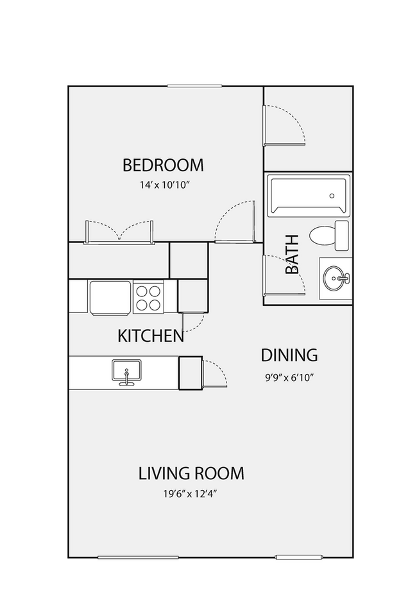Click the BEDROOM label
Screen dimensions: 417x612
[x=163, y=165]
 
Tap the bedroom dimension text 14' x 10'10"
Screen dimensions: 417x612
[x=164, y=185]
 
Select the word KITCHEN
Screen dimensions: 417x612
[x=150, y=336]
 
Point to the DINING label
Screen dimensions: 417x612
[x=289, y=355]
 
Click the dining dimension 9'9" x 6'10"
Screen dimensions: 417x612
[x=290, y=377]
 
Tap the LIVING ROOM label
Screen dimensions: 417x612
[x=191, y=473]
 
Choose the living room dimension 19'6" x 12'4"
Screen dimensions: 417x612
[x=190, y=494]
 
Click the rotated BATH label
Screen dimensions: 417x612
[x=292, y=254]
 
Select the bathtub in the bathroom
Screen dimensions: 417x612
[x=309, y=196]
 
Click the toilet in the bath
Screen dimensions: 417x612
[x=328, y=235]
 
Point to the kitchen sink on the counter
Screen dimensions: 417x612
[x=126, y=372]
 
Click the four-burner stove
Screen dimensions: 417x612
[x=148, y=297]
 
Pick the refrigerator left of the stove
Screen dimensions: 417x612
[x=110, y=297]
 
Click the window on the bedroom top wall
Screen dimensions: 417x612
[x=195, y=86]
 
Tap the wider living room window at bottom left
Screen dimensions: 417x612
[x=138, y=557]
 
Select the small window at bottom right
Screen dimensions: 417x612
[x=299, y=557]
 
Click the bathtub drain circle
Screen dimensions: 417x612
[x=332, y=196]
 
